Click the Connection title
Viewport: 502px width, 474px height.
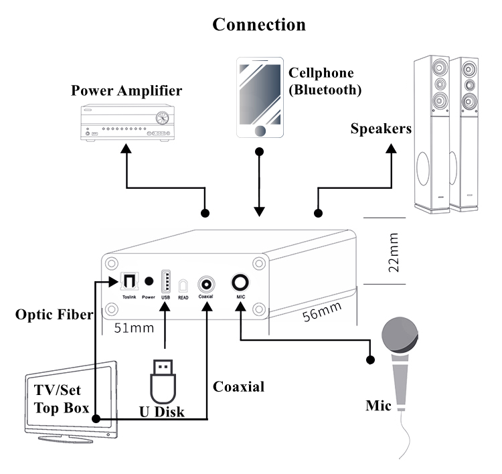[x=259, y=25]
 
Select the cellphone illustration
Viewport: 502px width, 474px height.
[x=260, y=98]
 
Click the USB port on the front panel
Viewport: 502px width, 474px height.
[x=165, y=281]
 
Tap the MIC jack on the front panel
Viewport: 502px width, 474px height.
[x=239, y=282]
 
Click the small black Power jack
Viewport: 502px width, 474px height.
[x=149, y=282]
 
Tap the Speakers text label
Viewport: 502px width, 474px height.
[x=380, y=129]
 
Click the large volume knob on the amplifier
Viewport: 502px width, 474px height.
[x=161, y=119]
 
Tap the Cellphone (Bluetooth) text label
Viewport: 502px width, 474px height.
[x=325, y=80]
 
